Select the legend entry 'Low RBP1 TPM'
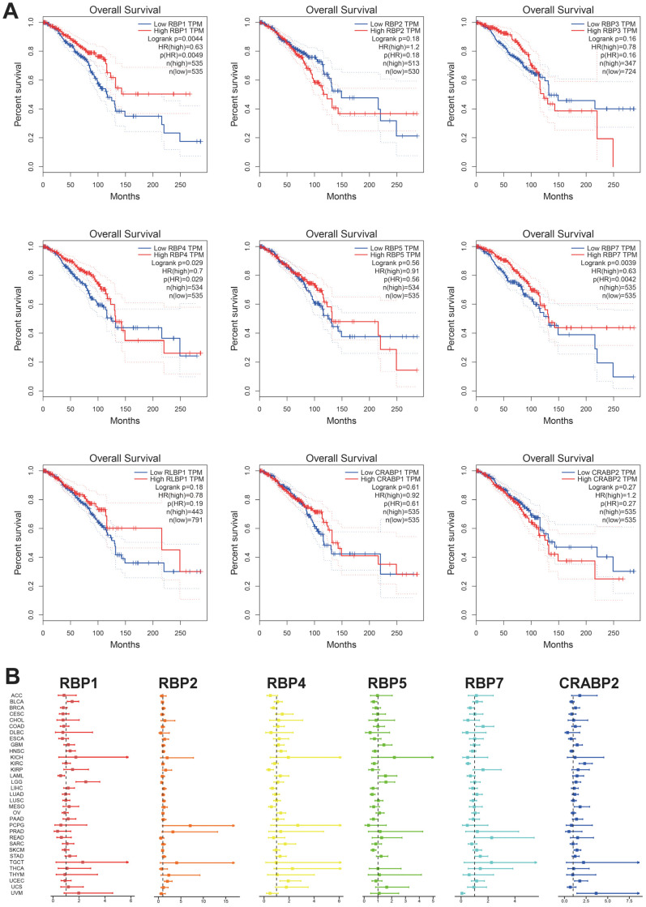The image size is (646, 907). pyautogui.click(x=169, y=24)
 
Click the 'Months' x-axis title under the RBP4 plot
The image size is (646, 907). pyautogui.click(x=122, y=421)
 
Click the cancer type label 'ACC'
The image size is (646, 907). pyautogui.click(x=16, y=695)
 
